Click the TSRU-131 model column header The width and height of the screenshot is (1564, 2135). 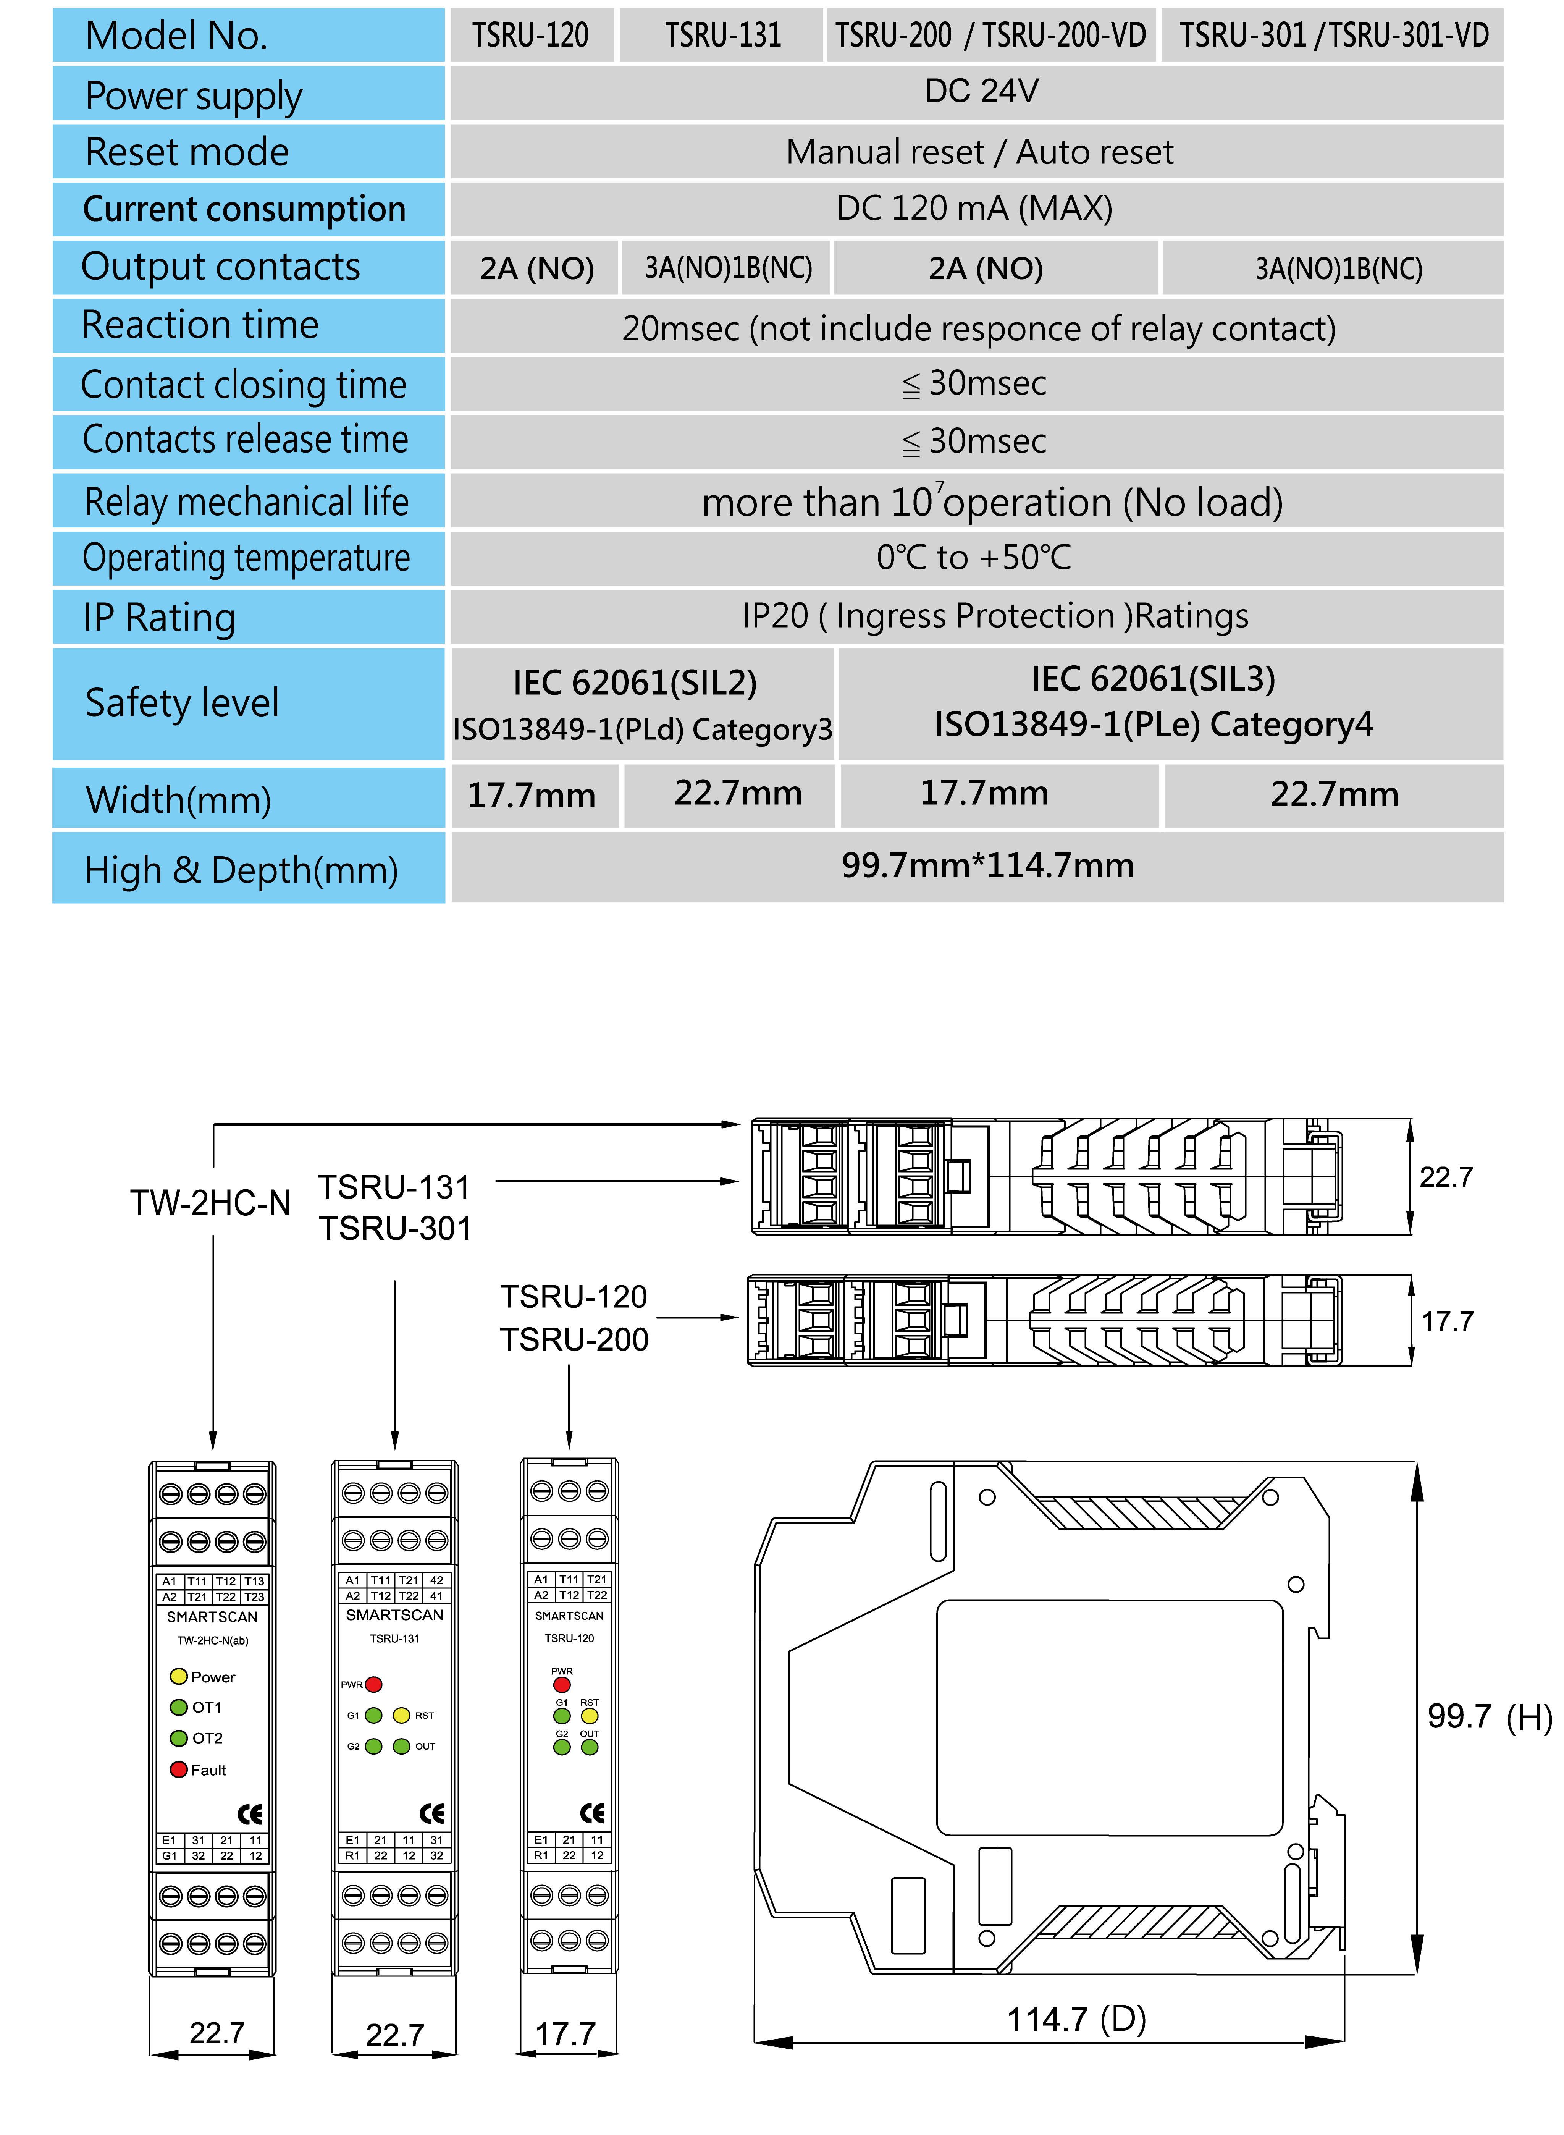(722, 36)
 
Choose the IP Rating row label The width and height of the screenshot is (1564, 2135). (159, 617)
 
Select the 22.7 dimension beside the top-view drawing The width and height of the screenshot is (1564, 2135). (1446, 1177)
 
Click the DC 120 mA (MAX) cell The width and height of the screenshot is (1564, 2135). (974, 208)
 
